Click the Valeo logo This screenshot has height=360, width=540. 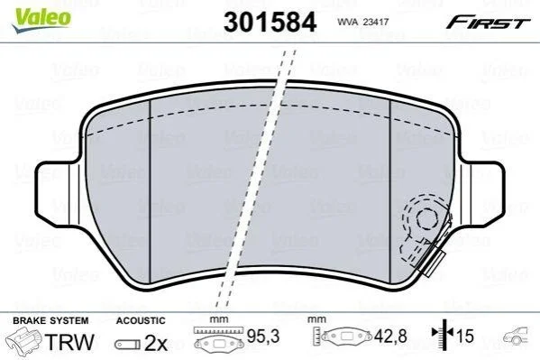[41, 20]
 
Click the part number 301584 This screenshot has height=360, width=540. [270, 22]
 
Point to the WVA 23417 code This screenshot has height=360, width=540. [362, 22]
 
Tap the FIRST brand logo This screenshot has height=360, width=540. [488, 23]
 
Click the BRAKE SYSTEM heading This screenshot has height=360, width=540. [50, 320]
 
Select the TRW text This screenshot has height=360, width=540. [69, 342]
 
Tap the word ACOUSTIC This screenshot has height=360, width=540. [141, 320]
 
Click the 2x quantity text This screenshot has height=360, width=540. [156, 343]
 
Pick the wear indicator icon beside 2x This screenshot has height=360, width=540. [127, 345]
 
